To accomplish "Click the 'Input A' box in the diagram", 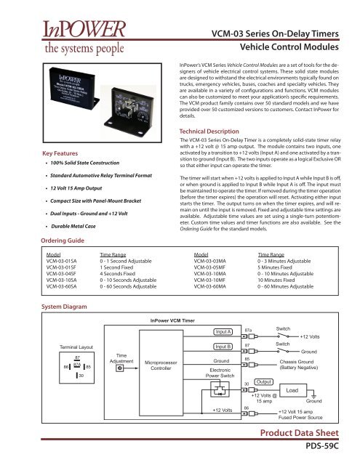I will pos(223,332).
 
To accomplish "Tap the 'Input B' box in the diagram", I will pos(223,347).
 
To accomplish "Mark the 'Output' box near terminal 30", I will pos(265,381).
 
